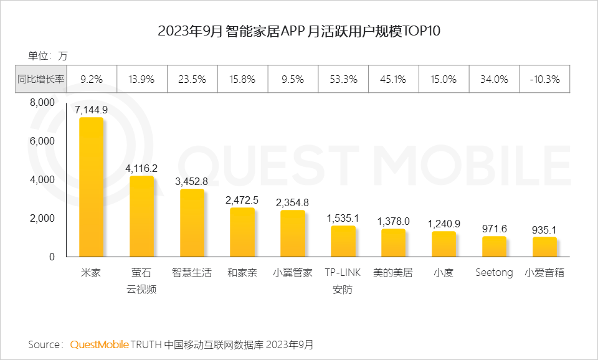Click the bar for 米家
(x=91, y=187)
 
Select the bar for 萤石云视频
(x=141, y=216)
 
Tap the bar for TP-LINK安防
(x=343, y=241)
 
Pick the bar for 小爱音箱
(x=544, y=247)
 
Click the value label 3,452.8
(x=192, y=182)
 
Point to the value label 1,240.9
(x=444, y=224)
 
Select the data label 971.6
(x=495, y=229)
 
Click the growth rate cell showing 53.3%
(x=343, y=79)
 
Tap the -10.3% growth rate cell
(x=544, y=79)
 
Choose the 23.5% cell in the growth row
(x=192, y=79)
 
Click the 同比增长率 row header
(x=40, y=79)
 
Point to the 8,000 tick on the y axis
(x=43, y=103)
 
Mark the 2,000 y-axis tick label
(x=43, y=219)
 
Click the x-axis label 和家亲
(x=242, y=273)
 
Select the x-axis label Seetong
(x=494, y=273)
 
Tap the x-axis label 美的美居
(x=393, y=273)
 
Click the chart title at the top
(x=299, y=32)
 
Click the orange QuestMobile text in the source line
(x=100, y=344)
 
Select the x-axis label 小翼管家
(x=293, y=273)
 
